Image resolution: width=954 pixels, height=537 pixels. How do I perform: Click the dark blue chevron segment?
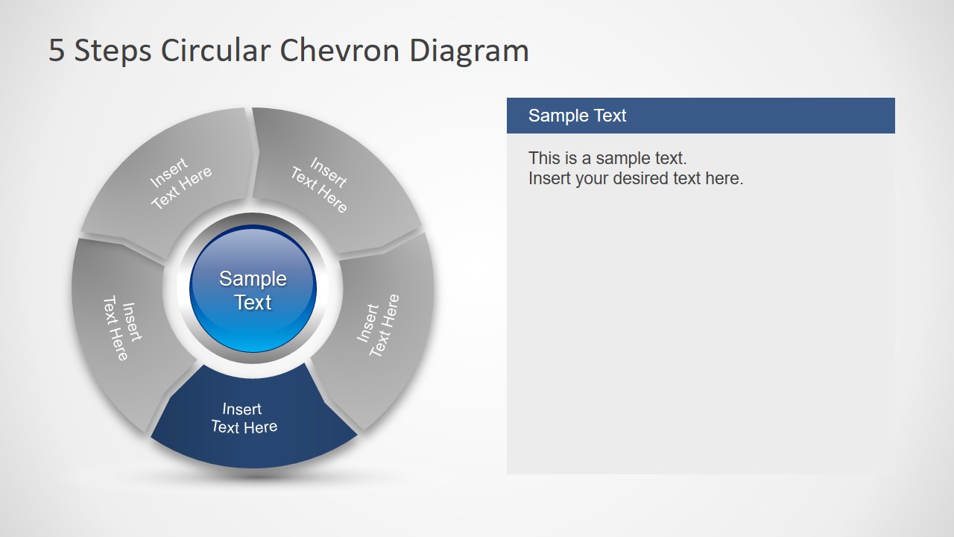(x=253, y=429)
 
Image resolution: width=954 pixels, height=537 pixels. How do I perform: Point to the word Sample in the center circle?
(x=253, y=279)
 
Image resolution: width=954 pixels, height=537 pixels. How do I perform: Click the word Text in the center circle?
(x=253, y=303)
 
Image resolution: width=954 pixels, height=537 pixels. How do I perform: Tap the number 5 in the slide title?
(x=57, y=51)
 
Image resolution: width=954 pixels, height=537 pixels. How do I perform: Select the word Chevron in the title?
(x=340, y=51)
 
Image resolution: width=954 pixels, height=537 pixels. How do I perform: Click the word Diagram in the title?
(x=469, y=51)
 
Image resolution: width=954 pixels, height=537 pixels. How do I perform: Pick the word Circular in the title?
(x=216, y=51)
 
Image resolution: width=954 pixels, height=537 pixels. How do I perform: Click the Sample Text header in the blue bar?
(x=577, y=116)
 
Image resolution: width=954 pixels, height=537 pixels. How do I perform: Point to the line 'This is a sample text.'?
(x=607, y=158)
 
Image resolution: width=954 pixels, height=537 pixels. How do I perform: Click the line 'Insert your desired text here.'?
(x=636, y=178)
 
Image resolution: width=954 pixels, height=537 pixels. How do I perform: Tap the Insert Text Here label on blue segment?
(x=244, y=418)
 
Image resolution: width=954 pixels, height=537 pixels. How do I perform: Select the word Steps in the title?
(x=112, y=51)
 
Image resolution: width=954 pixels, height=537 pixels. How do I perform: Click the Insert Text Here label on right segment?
(x=378, y=325)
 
